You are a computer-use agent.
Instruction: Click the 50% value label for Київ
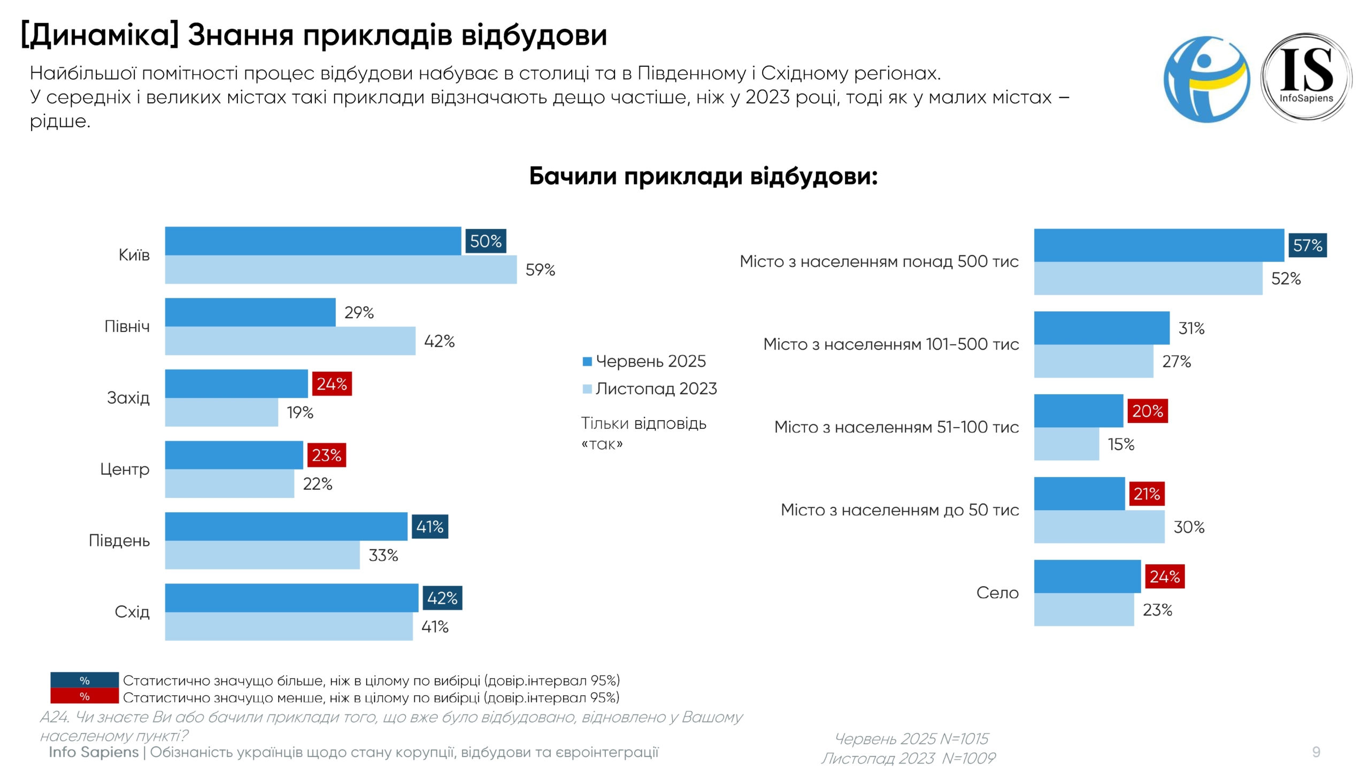coord(485,241)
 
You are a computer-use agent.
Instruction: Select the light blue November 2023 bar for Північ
coord(290,341)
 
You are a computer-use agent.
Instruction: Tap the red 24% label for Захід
coord(332,384)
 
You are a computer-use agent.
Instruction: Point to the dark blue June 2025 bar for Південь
coord(286,526)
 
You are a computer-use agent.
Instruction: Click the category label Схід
coord(132,612)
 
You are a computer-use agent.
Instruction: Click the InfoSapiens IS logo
coord(1306,78)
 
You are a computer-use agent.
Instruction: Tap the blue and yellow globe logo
coord(1206,79)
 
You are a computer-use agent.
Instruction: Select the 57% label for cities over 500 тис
coord(1307,245)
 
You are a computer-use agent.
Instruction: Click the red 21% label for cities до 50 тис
coord(1146,494)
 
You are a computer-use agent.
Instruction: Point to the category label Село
coord(997,592)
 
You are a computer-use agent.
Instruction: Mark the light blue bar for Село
coord(1083,610)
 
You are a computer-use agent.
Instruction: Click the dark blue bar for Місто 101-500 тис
coord(1101,328)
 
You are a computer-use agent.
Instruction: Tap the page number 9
coord(1316,752)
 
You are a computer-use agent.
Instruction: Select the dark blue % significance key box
coord(84,680)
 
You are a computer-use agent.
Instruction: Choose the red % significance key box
coord(84,696)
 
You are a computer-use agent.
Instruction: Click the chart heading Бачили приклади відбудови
coord(703,176)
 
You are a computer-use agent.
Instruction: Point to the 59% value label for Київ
coord(540,269)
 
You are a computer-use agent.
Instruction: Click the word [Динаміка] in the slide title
coord(99,35)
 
